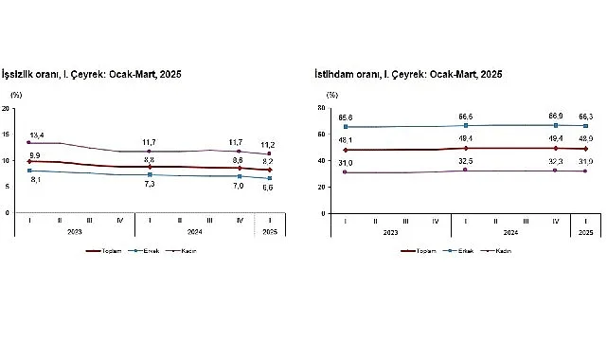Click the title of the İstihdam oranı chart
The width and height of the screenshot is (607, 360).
point(407,73)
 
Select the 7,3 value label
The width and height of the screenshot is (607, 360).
point(149,184)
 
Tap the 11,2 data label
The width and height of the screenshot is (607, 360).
point(270,145)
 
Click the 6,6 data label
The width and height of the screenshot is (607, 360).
point(270,187)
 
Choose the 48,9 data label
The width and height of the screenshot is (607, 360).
point(587,138)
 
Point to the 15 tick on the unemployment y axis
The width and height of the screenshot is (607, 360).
point(8,135)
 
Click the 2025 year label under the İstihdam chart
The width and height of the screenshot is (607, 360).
point(586,232)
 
